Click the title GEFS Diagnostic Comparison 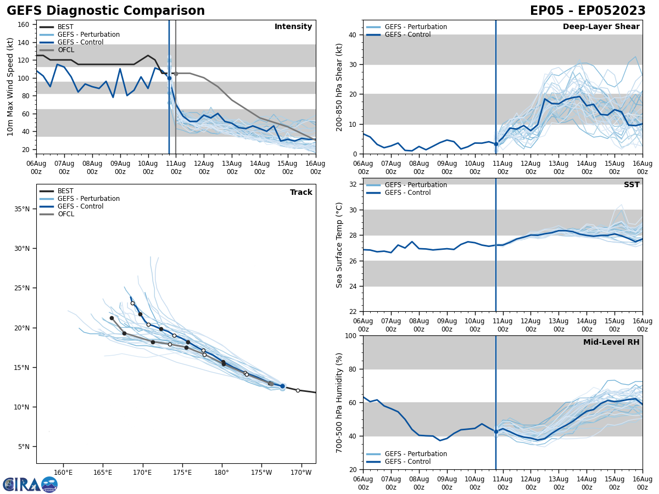pos(105,11)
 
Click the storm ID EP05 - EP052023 pos(588,11)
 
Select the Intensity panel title pos(293,27)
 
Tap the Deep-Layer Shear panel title pos(601,27)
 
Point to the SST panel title pos(631,185)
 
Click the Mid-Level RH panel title pos(611,343)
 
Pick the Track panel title pos(301,193)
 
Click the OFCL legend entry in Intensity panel pos(65,50)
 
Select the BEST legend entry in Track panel pos(65,191)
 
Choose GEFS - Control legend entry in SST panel pos(407,193)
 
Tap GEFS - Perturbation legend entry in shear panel pos(416,27)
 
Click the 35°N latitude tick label pos(23,209)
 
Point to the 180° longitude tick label pos(221,473)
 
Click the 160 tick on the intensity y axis pos(24,25)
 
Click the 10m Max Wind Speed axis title pos(10,87)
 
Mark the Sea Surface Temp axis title pos(340,245)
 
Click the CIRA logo pos(30,485)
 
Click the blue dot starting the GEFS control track pos(282,386)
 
